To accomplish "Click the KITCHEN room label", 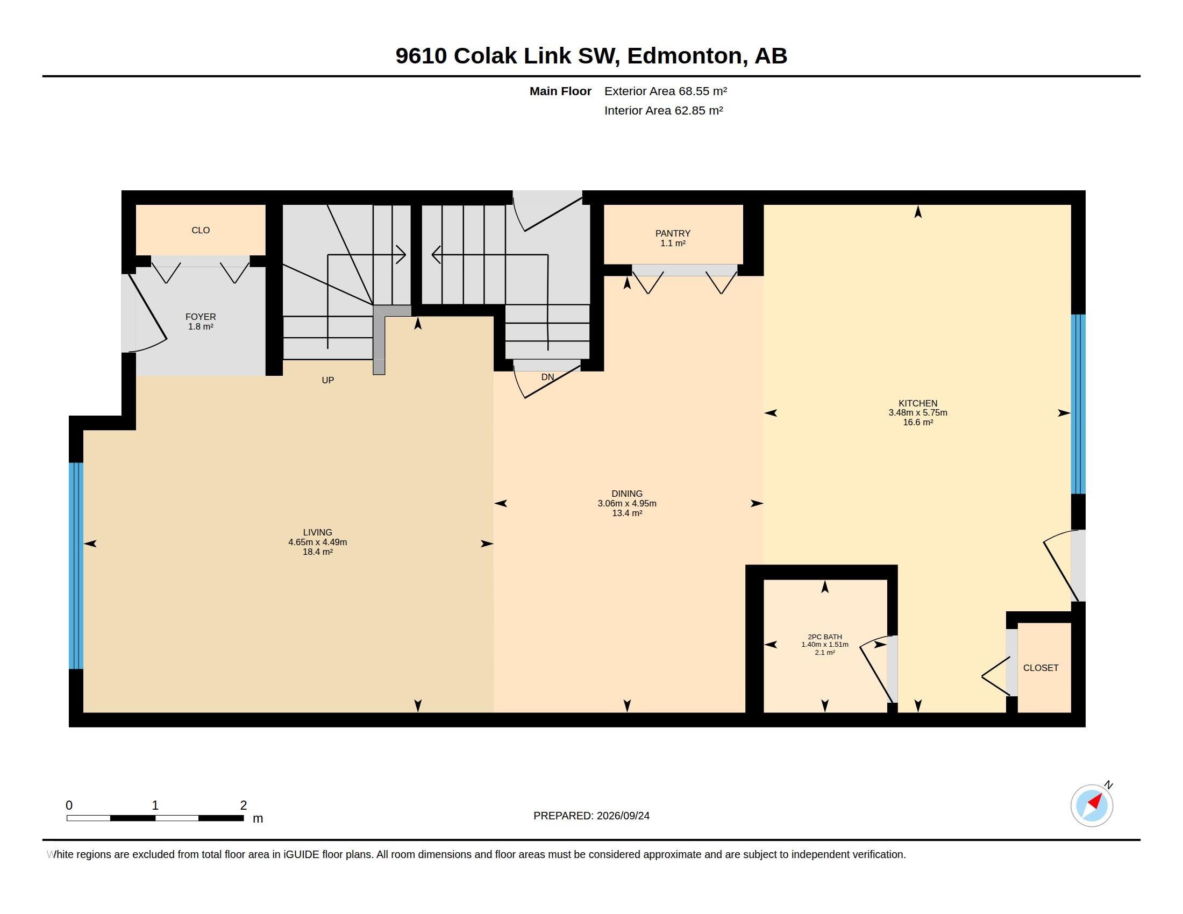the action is [x=917, y=403].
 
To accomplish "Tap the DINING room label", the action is [x=626, y=494].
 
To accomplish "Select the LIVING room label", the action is [x=317, y=532].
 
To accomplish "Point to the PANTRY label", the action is [x=673, y=233].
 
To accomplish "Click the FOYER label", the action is [x=201, y=317].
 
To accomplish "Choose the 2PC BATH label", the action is [x=824, y=637].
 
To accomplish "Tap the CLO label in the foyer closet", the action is [x=201, y=230].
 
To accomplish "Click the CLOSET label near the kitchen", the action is [x=1041, y=668].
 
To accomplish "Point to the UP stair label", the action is [x=327, y=380].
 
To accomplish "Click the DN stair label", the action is [x=547, y=377].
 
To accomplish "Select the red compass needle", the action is [x=1095, y=801].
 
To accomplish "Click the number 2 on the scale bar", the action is [x=244, y=805].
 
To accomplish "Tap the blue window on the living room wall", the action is [x=76, y=566].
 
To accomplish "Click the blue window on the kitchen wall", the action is [x=1078, y=404].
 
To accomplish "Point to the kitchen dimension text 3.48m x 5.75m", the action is [x=917, y=412].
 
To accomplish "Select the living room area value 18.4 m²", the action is [x=317, y=552].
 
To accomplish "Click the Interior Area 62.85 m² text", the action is [x=664, y=110].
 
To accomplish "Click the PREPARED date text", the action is [x=591, y=816].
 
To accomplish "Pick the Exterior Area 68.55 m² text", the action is [x=666, y=91].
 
